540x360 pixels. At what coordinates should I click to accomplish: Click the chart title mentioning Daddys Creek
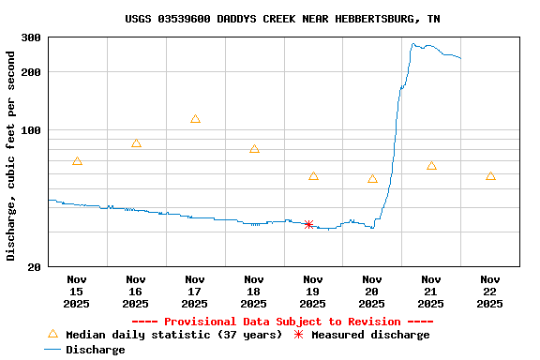coord(282,19)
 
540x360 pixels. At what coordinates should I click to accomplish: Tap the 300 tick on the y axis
coord(31,37)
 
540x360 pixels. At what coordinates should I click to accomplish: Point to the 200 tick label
coord(31,72)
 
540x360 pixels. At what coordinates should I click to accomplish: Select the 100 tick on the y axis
coord(31,130)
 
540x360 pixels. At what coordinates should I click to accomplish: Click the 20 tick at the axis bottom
coord(34,267)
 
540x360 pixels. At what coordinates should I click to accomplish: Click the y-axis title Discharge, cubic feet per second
coord(11,156)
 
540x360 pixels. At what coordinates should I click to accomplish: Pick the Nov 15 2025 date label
coord(77,291)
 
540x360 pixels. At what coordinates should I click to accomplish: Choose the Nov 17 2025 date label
coord(195,291)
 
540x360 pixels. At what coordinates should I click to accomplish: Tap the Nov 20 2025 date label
coord(372,291)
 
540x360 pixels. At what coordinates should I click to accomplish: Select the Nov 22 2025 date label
coord(490,291)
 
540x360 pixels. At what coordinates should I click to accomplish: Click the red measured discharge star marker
coord(308,224)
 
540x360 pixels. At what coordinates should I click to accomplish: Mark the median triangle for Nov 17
coord(195,119)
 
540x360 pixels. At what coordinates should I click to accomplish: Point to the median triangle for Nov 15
coord(77,161)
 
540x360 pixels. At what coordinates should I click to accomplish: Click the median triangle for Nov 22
coord(490,176)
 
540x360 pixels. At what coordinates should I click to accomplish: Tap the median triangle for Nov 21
coord(431,166)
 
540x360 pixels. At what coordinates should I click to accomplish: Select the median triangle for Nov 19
coord(313,176)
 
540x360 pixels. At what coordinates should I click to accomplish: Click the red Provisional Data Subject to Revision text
coord(282,322)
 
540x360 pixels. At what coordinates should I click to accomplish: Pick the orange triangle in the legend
coord(52,335)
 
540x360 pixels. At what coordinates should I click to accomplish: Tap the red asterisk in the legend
coord(298,335)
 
